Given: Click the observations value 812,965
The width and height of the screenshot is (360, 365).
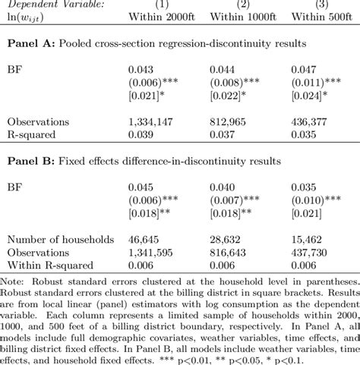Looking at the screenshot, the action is click(x=229, y=121).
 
